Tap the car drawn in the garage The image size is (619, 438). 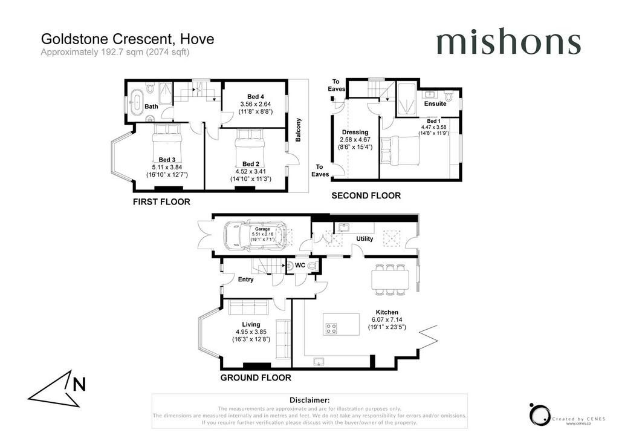click(x=256, y=236)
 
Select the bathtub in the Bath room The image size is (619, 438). click(x=137, y=102)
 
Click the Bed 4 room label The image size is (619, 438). click(x=256, y=97)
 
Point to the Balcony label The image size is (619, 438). click(x=298, y=129)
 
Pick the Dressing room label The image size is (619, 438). click(x=355, y=132)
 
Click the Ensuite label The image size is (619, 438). click(x=435, y=103)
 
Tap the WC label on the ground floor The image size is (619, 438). click(x=300, y=266)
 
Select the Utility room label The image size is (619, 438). click(x=365, y=238)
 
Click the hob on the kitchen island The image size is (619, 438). click(x=331, y=328)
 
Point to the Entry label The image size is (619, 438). click(x=245, y=279)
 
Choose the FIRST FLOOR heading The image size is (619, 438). click(x=161, y=202)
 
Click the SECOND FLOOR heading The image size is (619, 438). click(x=366, y=195)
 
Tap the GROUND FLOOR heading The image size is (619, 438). click(x=256, y=378)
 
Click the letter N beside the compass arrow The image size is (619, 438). click(x=79, y=384)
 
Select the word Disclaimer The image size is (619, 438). click(x=309, y=400)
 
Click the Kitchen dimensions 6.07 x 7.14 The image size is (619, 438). click(x=387, y=319)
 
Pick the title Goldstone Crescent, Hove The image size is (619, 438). click(x=128, y=39)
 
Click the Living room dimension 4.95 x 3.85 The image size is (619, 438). click(x=251, y=332)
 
